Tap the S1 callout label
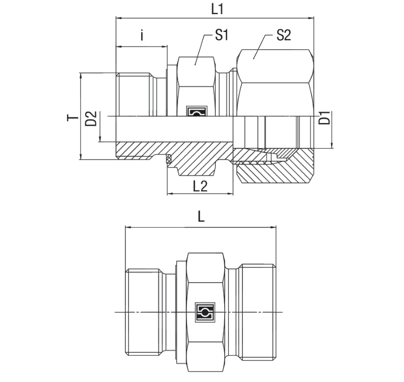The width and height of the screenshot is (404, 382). [x=222, y=36]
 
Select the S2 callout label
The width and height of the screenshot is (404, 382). [x=283, y=36]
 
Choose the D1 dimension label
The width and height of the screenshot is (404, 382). [x=325, y=118]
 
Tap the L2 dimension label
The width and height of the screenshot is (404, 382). [x=200, y=186]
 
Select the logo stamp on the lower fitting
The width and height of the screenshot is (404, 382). [x=203, y=312]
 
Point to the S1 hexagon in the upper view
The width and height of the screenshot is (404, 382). [x=197, y=81]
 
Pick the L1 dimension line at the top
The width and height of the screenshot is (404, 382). [x=214, y=18]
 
